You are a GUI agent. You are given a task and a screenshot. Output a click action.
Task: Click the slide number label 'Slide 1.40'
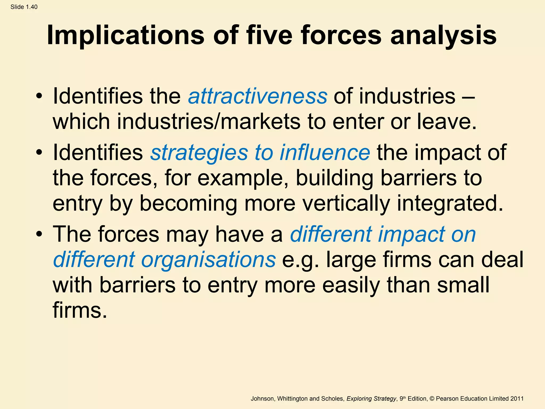point(24,7)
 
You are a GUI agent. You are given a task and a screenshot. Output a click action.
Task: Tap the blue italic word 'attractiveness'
point(258,96)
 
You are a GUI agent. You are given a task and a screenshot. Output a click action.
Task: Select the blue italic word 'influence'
point(325,153)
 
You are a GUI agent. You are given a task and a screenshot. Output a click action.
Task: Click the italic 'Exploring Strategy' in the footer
point(371,399)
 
